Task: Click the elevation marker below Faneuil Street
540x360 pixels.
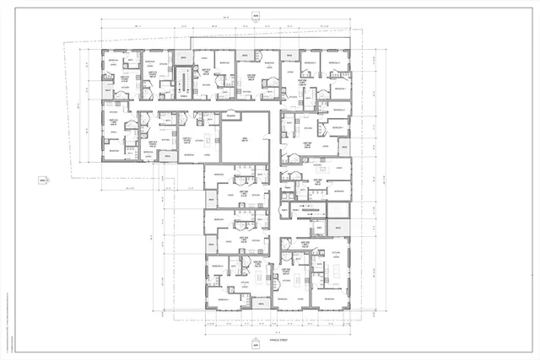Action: (x=256, y=345)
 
